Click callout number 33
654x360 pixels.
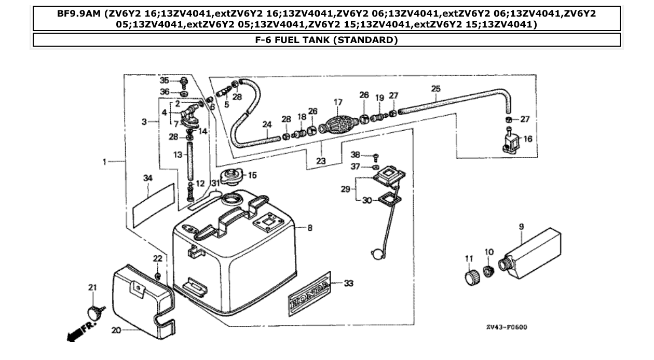pyautogui.click(x=349, y=284)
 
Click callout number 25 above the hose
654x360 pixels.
pyautogui.click(x=435, y=89)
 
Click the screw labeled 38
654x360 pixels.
pyautogui.click(x=376, y=156)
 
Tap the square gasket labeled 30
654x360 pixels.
pyautogui.click(x=386, y=199)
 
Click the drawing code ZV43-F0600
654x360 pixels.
pyautogui.click(x=507, y=327)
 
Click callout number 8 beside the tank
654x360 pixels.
pyautogui.click(x=310, y=228)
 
